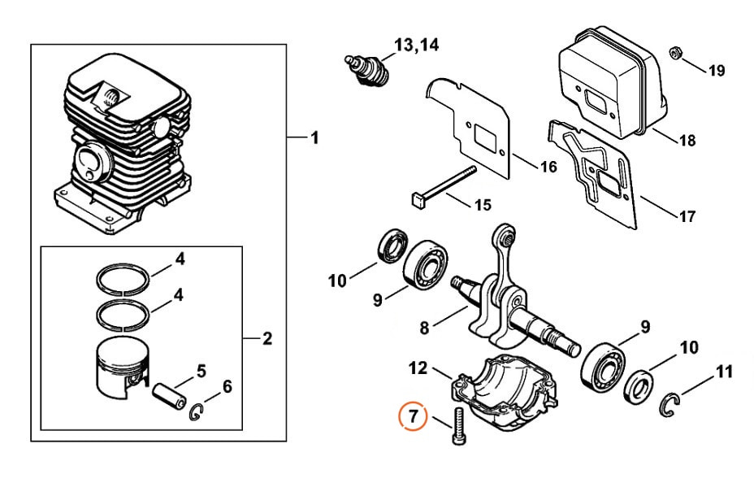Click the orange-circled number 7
coord(413,416)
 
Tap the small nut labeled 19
coord(674,52)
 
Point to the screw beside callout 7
coord(457,425)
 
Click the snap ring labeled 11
coord(669,405)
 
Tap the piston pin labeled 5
coord(168,395)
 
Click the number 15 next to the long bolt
coord(483,204)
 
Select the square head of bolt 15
coord(417,201)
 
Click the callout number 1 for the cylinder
coord(315,138)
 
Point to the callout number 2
coord(266,339)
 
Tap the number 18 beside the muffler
coord(687,141)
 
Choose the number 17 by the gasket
coord(687,216)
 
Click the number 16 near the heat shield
coord(548,167)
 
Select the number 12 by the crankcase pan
coord(418,368)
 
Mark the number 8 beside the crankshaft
coord(423,328)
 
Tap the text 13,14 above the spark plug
coord(417,46)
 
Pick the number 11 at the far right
coord(724,372)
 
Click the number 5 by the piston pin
coord(201,371)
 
